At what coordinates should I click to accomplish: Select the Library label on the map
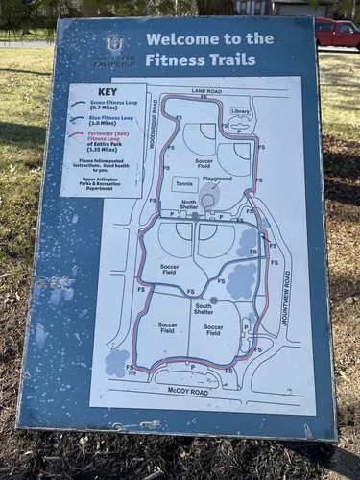[241, 112]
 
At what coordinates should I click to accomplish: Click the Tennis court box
[185, 182]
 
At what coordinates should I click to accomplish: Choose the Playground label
[217, 179]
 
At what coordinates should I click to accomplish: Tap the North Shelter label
[189, 204]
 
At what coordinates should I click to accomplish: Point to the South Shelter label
[204, 308]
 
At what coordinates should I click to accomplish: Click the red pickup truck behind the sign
[337, 33]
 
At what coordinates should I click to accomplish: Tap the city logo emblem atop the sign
[115, 43]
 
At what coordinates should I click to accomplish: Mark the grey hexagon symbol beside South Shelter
[213, 300]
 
